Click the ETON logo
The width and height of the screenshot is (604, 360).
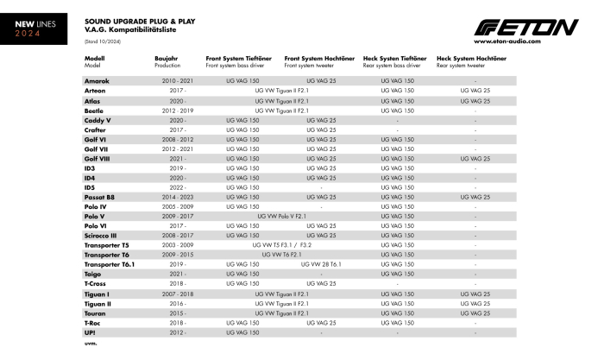525,28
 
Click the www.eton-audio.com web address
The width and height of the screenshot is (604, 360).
507,41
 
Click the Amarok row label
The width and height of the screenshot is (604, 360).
97,80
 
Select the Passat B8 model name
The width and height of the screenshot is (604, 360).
99,197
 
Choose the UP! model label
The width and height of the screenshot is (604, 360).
90,332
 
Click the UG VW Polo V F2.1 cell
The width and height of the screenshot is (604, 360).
281,216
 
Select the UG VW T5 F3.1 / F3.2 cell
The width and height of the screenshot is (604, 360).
281,245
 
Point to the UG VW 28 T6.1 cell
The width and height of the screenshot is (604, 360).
321,264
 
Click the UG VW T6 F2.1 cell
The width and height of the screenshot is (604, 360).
281,255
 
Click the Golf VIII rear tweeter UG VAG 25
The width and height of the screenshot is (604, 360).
475,158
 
